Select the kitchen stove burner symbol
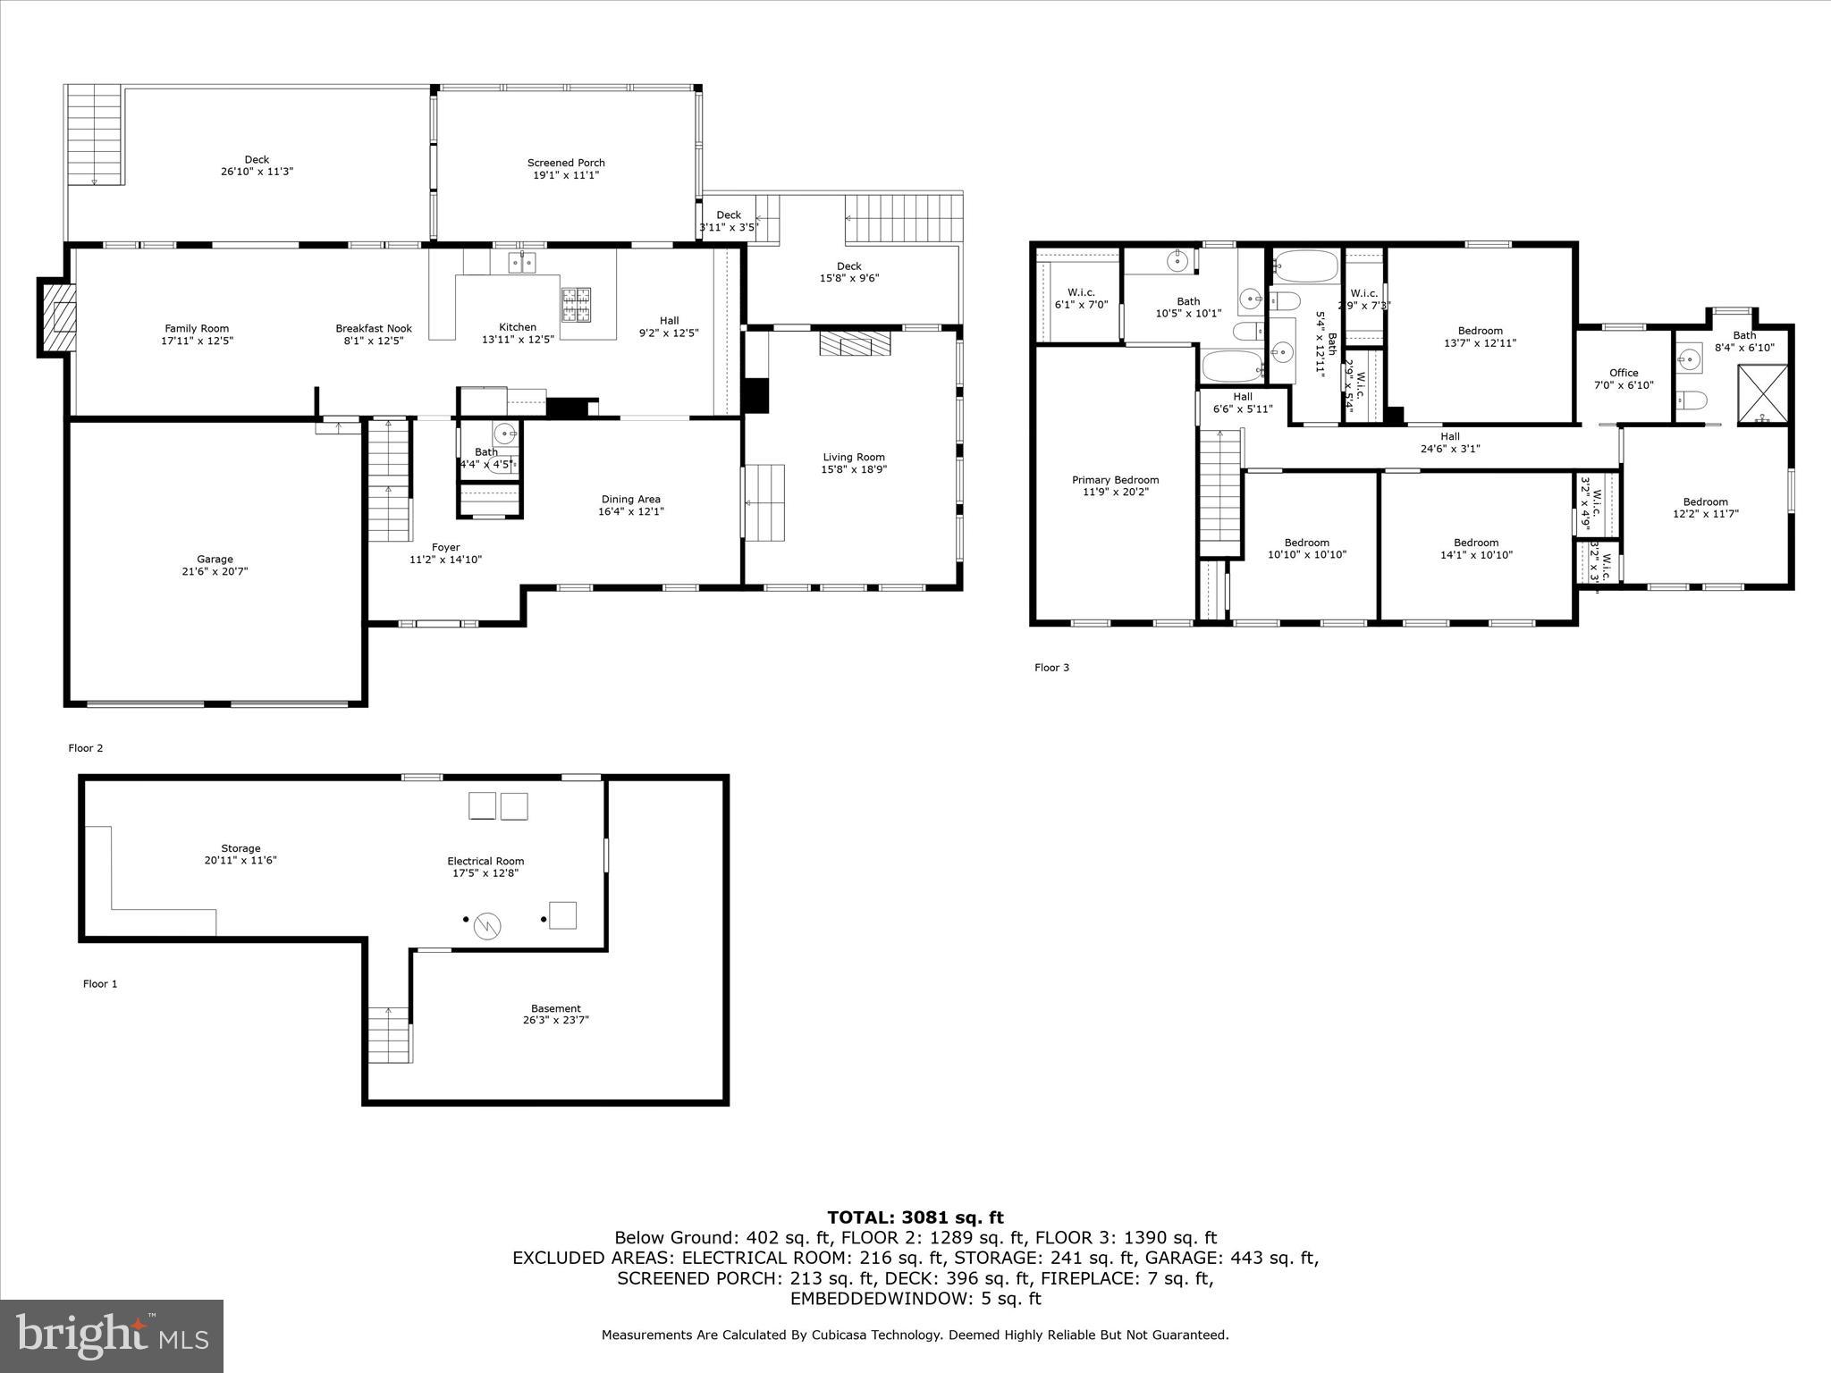576,304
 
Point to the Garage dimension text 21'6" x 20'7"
215,570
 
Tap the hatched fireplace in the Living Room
856,344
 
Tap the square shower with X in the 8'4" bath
1762,393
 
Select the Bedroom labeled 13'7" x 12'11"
1480,336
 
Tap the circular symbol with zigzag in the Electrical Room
487,926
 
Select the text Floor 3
1051,668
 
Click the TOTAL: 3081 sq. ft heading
915,1217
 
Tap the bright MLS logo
112,1336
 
